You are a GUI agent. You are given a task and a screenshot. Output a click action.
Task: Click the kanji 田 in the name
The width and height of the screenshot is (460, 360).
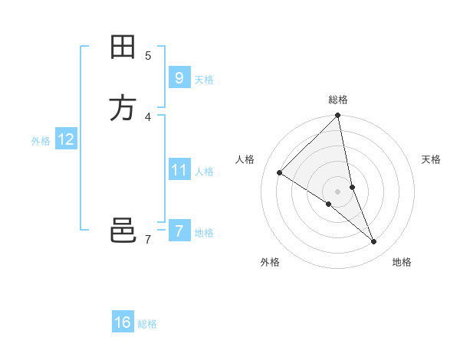pos(123,48)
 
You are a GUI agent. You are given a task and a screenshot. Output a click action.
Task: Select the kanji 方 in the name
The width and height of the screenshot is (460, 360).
pos(123,108)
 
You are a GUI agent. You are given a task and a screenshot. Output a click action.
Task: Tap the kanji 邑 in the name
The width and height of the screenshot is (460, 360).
pos(123,231)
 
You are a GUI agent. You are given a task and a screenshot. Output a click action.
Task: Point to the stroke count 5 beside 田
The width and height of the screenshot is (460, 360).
pos(147,55)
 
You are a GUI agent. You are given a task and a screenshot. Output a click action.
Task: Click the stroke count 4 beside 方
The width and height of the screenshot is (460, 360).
pos(147,116)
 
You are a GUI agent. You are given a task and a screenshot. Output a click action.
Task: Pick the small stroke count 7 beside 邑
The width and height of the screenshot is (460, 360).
pos(147,240)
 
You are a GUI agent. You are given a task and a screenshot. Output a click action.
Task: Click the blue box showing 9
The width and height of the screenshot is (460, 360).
pos(179,77)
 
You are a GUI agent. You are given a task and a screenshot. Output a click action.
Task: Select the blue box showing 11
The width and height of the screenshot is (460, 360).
pos(179,170)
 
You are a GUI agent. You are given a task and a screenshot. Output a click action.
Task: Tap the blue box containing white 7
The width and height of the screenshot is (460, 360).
pos(179,231)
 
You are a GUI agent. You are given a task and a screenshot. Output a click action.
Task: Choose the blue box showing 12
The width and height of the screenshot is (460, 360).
pos(65,139)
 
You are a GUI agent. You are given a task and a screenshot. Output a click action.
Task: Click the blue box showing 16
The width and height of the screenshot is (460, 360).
pos(123,322)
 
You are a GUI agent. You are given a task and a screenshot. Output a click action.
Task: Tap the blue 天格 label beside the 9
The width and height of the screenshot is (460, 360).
pos(204,80)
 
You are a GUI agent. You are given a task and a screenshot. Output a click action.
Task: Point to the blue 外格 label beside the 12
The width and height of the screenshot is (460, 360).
pos(41,141)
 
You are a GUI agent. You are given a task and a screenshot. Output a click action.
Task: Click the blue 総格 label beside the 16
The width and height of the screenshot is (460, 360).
pos(147,325)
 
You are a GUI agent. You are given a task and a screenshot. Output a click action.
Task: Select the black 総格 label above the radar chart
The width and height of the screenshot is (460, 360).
pos(338,100)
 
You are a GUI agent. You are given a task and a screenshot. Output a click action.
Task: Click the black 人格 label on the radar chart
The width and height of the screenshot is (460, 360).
pos(245,159)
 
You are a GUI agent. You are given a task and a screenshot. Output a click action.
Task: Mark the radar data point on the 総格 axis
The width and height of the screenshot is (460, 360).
pos(338,116)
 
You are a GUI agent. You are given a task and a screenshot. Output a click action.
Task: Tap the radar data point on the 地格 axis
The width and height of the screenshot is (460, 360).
pos(374,241)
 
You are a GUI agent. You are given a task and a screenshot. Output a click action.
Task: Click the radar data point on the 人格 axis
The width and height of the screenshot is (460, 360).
pos(280,172)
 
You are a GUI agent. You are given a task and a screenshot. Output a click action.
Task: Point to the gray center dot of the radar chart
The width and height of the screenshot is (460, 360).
pos(338,191)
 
